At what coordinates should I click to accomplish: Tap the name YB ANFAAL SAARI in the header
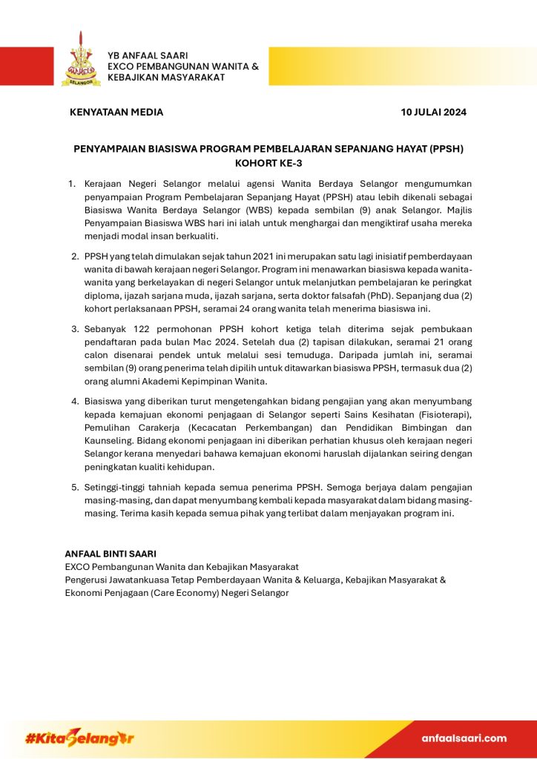click(x=148, y=56)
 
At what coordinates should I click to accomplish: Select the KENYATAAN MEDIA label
click(x=116, y=113)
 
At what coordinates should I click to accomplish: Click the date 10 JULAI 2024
click(x=433, y=113)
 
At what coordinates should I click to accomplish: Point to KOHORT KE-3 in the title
click(x=268, y=163)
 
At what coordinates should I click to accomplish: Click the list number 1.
click(x=72, y=183)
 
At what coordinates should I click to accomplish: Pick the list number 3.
click(x=75, y=328)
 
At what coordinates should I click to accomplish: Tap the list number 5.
click(x=75, y=487)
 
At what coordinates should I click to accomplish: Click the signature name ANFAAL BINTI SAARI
click(x=111, y=554)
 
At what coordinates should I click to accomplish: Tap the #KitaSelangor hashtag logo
click(x=79, y=738)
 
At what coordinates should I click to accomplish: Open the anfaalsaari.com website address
click(x=464, y=738)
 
